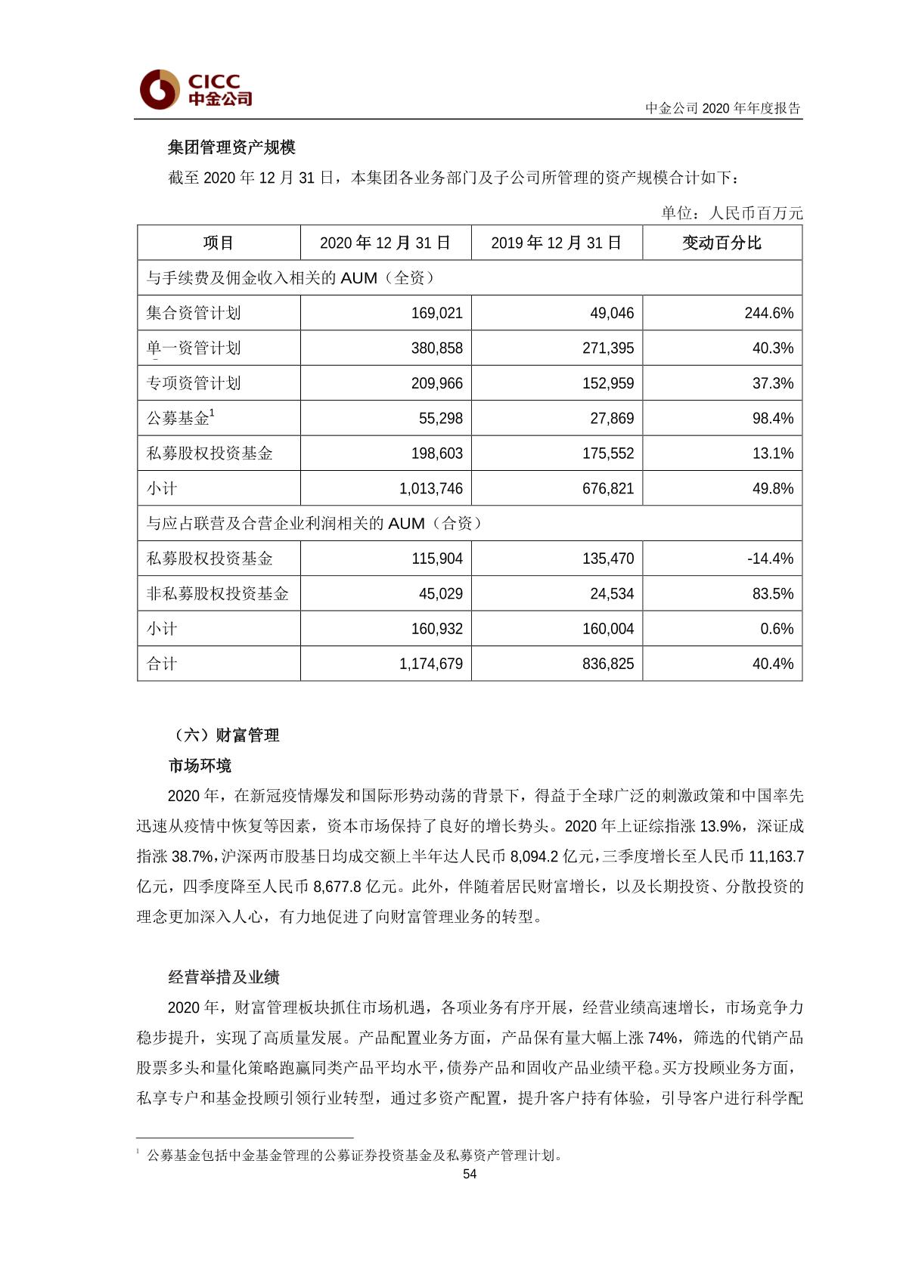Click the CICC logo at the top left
click(x=195, y=89)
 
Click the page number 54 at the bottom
click(x=469, y=1174)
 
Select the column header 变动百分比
click(x=722, y=243)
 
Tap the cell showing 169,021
click(x=436, y=313)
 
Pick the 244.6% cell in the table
click(x=768, y=313)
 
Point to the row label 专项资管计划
click(x=194, y=383)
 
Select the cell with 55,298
click(x=440, y=418)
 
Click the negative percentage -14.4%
click(x=770, y=559)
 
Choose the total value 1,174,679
click(x=430, y=664)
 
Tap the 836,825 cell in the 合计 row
click(x=608, y=664)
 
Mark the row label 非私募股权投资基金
click(x=217, y=594)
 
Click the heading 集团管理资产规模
click(x=231, y=147)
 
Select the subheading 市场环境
click(x=200, y=766)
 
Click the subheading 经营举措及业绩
click(x=224, y=977)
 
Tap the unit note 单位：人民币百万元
click(x=731, y=213)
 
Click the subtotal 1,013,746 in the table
click(x=430, y=488)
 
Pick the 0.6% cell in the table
click(x=777, y=629)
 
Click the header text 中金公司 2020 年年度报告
click(x=722, y=108)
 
